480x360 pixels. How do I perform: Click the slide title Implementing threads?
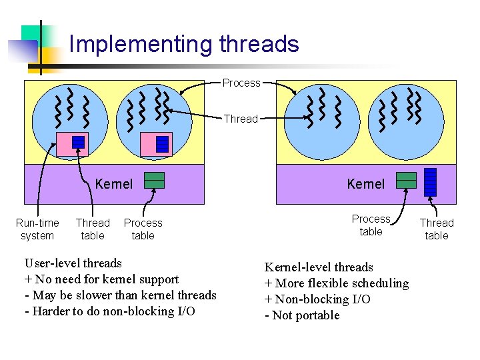click(x=184, y=44)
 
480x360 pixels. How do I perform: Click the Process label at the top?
click(x=241, y=83)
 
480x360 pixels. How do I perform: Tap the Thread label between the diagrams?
click(x=241, y=119)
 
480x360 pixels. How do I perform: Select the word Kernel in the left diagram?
click(x=114, y=183)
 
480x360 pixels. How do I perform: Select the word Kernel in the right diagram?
click(x=366, y=183)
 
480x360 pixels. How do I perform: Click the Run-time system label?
click(x=37, y=229)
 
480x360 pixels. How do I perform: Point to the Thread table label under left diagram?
click(x=93, y=229)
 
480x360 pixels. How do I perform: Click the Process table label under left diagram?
click(x=143, y=229)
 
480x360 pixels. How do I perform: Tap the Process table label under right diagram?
click(x=371, y=225)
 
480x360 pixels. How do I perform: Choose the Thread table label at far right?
click(x=437, y=229)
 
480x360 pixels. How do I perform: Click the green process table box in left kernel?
click(x=155, y=181)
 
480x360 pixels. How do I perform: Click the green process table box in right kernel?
click(x=406, y=180)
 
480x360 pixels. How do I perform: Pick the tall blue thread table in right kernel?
click(x=431, y=182)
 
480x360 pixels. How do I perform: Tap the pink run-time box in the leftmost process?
click(x=72, y=144)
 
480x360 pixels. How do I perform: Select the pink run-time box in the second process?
click(x=157, y=144)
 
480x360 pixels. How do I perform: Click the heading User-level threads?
click(x=73, y=263)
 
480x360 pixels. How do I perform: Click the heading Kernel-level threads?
click(x=319, y=267)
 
